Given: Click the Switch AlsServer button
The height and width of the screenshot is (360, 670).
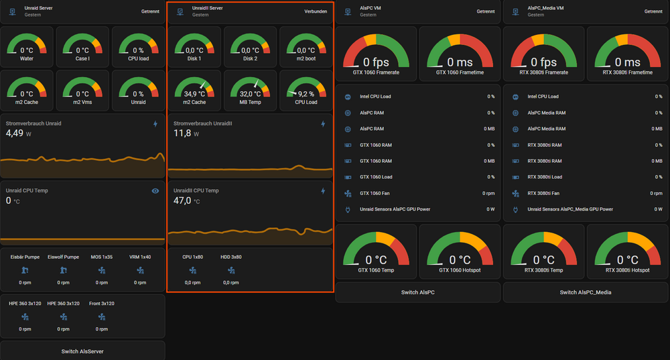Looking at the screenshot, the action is coord(82,351).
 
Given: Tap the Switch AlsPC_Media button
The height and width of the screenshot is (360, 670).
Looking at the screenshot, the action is coord(586,292).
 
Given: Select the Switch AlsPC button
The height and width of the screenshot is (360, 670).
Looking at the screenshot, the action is coord(418,292).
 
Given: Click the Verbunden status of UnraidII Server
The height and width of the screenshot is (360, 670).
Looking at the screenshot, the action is coord(316,11).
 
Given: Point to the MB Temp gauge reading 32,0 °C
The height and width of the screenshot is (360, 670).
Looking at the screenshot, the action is coord(250,91).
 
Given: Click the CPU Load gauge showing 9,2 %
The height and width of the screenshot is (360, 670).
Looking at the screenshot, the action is coord(306,91).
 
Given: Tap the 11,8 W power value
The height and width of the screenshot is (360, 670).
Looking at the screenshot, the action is coord(186,133).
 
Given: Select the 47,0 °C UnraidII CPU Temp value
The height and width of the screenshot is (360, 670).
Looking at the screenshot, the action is coord(187,200).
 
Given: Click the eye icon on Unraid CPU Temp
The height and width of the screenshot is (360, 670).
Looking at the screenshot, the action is coord(155,191).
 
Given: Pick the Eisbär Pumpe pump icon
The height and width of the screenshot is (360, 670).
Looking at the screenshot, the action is coord(25,270).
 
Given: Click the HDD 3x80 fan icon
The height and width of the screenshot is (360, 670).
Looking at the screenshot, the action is coord(231,270).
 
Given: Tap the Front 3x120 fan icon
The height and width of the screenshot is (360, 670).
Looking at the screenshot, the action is coord(102,317).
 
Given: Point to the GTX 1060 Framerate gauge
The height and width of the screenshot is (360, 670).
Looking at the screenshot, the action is coord(376,54).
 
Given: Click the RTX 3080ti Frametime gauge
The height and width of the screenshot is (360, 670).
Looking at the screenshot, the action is coord(627,54).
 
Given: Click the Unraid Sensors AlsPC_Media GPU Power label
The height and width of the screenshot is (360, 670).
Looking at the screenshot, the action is coord(570,210).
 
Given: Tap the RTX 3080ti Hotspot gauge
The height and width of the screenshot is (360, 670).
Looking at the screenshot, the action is coord(627,251).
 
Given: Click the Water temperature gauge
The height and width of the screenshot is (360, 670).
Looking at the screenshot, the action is coord(27,47).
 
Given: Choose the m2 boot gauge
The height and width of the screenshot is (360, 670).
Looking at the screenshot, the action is coord(306,47).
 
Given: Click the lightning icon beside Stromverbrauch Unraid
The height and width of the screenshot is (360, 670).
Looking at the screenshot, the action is coord(155,124).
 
